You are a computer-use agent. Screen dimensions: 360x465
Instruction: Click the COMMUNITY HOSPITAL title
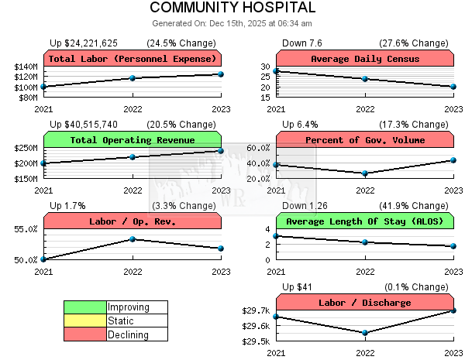232,9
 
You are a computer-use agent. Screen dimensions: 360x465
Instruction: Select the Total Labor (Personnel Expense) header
132,59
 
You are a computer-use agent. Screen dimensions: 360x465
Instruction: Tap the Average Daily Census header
364,59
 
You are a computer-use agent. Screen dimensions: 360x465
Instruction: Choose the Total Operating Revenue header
132,140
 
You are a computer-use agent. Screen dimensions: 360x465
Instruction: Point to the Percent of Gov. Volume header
364,140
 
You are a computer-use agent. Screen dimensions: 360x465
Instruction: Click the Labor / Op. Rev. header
132,221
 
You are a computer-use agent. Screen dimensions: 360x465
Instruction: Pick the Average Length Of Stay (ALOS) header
364,221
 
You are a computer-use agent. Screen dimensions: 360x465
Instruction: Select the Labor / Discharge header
364,303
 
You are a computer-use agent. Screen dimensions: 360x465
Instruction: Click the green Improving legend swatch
85,307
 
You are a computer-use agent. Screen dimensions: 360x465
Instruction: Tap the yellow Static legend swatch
85,321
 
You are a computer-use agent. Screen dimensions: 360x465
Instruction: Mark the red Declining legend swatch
85,334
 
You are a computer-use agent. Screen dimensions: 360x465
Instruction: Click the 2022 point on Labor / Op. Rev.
133,239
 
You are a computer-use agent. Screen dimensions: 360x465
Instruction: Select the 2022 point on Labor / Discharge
365,333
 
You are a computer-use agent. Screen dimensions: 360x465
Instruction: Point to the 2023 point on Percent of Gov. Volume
453,160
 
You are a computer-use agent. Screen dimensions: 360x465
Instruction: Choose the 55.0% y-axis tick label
26,229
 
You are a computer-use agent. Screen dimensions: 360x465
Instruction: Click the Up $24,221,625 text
84,43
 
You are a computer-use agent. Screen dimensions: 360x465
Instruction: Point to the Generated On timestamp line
232,24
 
